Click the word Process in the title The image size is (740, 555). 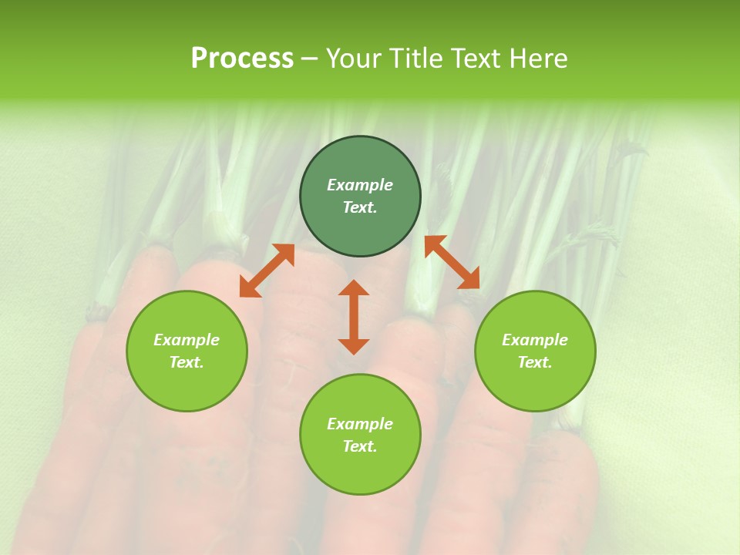click(x=242, y=59)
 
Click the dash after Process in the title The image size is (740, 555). click(x=309, y=59)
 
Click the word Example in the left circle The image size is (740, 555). click(x=187, y=340)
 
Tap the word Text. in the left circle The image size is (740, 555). click(x=187, y=362)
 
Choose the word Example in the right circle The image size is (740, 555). click(x=534, y=340)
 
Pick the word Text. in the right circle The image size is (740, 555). click(x=534, y=362)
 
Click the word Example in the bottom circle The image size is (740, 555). click(x=360, y=424)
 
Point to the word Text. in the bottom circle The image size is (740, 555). click(x=360, y=446)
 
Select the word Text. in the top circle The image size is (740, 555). click(x=360, y=207)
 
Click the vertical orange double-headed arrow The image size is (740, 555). click(x=354, y=317)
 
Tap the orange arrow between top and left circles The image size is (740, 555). click(x=267, y=271)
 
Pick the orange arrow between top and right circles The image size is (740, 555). click(x=452, y=262)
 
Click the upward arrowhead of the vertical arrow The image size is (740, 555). click(x=354, y=288)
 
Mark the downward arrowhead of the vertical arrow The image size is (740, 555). click(x=354, y=346)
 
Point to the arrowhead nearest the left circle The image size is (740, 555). click(x=247, y=288)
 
